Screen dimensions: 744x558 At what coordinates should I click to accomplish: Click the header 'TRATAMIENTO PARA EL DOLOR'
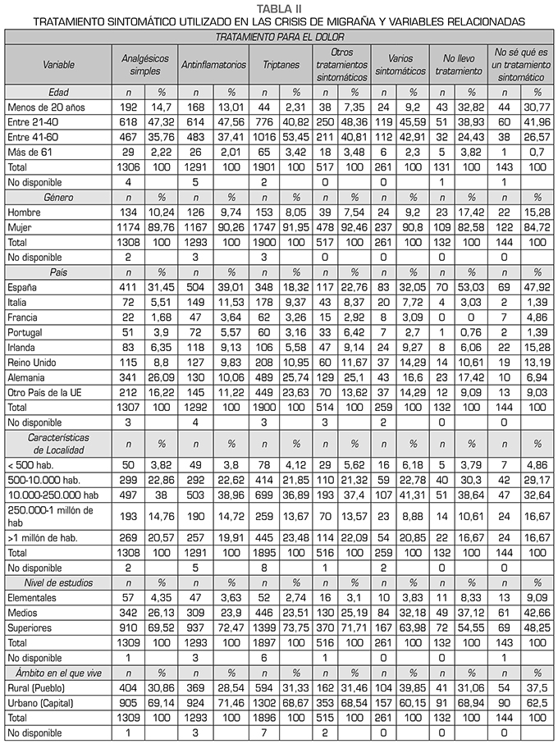[x=279, y=37]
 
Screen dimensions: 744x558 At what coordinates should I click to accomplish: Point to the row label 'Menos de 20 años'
[x=40, y=107]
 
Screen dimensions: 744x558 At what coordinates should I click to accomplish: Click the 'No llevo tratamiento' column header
[x=459, y=63]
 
